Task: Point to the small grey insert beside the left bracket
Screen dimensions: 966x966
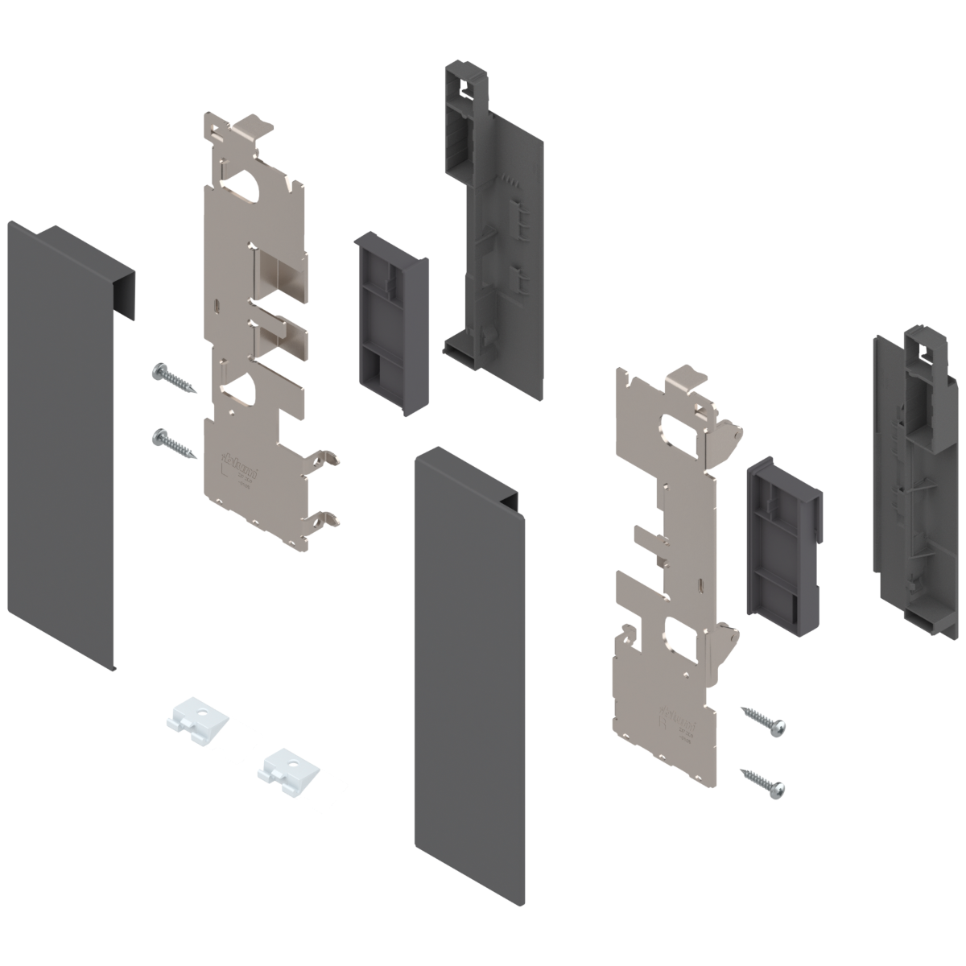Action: (x=390, y=322)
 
